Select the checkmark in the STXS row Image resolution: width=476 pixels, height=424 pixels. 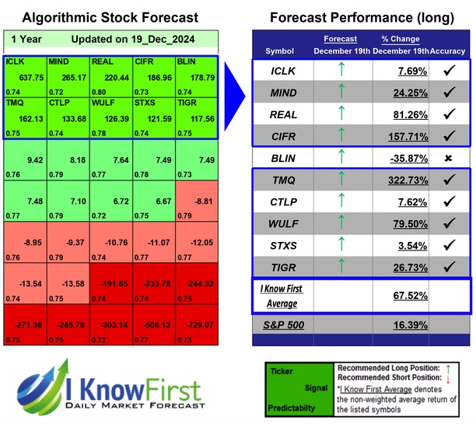coord(448,247)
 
